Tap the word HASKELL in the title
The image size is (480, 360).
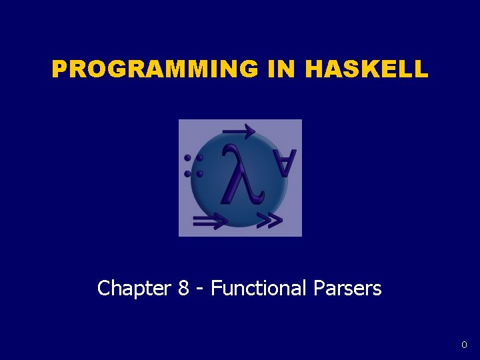pyautogui.click(x=367, y=69)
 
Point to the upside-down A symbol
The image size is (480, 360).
pyautogui.click(x=283, y=163)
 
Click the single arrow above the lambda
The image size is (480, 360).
pyautogui.click(x=239, y=131)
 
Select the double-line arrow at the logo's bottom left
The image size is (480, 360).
pyautogui.click(x=209, y=221)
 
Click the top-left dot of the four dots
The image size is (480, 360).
pyautogui.click(x=188, y=159)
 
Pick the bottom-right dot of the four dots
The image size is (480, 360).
pyautogui.click(x=199, y=173)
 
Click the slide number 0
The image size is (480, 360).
pyautogui.click(x=464, y=345)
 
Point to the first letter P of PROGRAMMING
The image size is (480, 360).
pyautogui.click(x=60, y=69)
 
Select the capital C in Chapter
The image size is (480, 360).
pyautogui.click(x=103, y=289)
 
